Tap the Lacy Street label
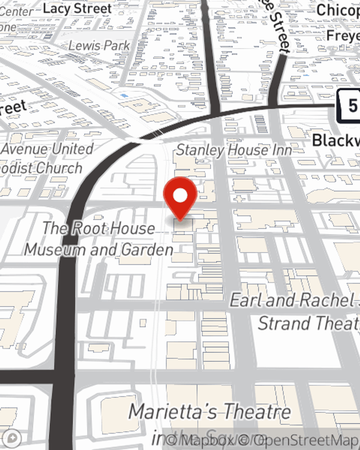(x=77, y=9)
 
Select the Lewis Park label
(x=99, y=46)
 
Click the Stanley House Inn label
(x=234, y=150)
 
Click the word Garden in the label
(x=147, y=249)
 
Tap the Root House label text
(x=99, y=228)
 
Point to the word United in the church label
(x=72, y=149)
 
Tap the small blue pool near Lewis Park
(x=124, y=96)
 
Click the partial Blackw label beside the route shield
(x=336, y=140)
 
